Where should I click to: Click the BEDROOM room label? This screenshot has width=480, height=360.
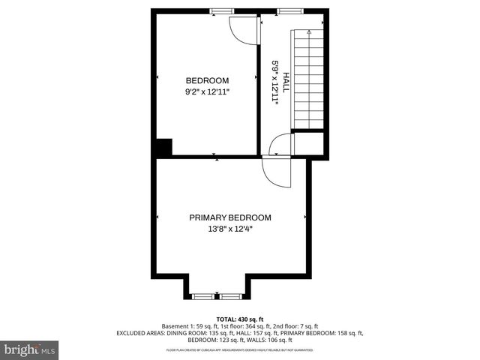coord(207,80)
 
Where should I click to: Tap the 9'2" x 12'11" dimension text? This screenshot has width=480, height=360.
coord(207,91)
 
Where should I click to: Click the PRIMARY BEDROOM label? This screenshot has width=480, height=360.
coord(229,217)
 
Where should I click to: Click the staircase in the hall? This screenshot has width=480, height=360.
coord(307,79)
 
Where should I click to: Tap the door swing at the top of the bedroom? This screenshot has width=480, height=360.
coord(242,28)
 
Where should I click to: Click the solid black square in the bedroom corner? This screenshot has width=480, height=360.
coord(163,147)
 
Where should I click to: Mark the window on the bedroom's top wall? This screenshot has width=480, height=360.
coord(220,10)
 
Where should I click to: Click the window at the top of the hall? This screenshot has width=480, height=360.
coord(288,10)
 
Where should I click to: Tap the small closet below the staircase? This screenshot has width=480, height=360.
coord(307,142)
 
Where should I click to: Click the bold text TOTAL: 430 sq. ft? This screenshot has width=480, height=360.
coord(240,319)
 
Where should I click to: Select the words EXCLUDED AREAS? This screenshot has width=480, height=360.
coord(140,333)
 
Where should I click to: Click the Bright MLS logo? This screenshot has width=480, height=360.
coord(30,349)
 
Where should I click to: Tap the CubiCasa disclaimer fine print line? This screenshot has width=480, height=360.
coord(240,350)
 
